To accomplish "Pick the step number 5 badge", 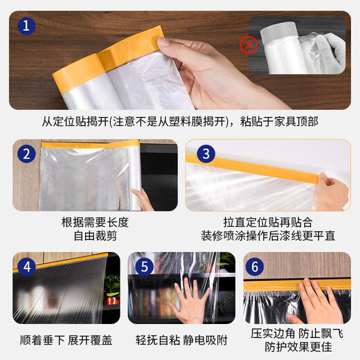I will [x=143, y=267].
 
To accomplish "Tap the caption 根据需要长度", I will [x=95, y=222].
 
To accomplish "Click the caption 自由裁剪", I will [x=95, y=236].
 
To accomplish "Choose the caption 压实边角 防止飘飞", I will [x=297, y=333].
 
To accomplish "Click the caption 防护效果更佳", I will [x=297, y=347].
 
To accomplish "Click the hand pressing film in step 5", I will [x=188, y=303].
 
